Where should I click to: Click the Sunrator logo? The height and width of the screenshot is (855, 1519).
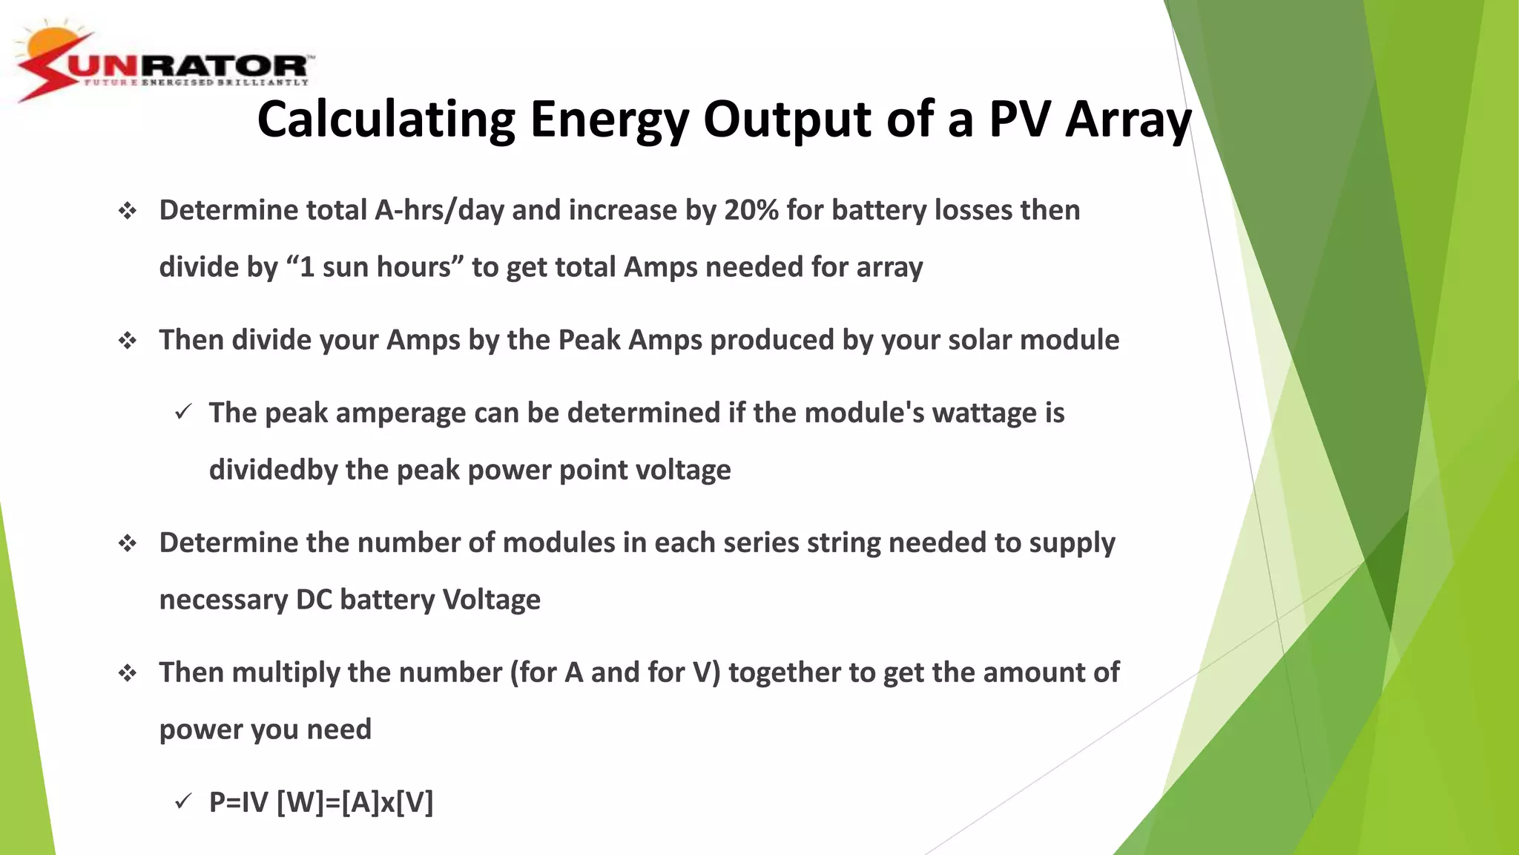pos(163,65)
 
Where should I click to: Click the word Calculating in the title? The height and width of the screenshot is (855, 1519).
pos(386,119)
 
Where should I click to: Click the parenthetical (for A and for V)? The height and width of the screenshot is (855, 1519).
pos(615,672)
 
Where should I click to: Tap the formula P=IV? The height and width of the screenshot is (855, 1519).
pos(238,802)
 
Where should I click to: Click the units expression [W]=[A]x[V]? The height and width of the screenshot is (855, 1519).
pos(355,802)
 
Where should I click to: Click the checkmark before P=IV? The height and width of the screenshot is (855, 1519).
pos(182,802)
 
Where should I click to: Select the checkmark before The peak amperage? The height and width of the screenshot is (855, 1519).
pos(182,412)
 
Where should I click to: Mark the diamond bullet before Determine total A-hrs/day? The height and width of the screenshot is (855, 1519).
pos(128,212)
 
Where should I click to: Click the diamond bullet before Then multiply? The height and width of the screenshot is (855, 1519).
pos(128,673)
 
